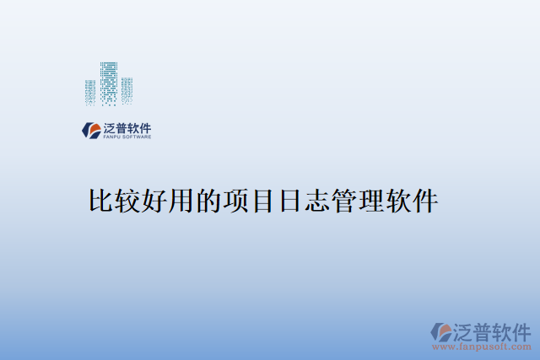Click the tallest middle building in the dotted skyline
[109, 82]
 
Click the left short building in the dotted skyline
[90, 91]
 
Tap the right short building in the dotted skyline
[127, 90]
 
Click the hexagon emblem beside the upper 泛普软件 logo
[90, 130]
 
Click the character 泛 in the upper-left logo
[109, 127]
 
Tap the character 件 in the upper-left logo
[145, 127]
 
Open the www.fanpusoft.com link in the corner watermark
[482, 347]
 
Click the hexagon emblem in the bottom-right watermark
[441, 331]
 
